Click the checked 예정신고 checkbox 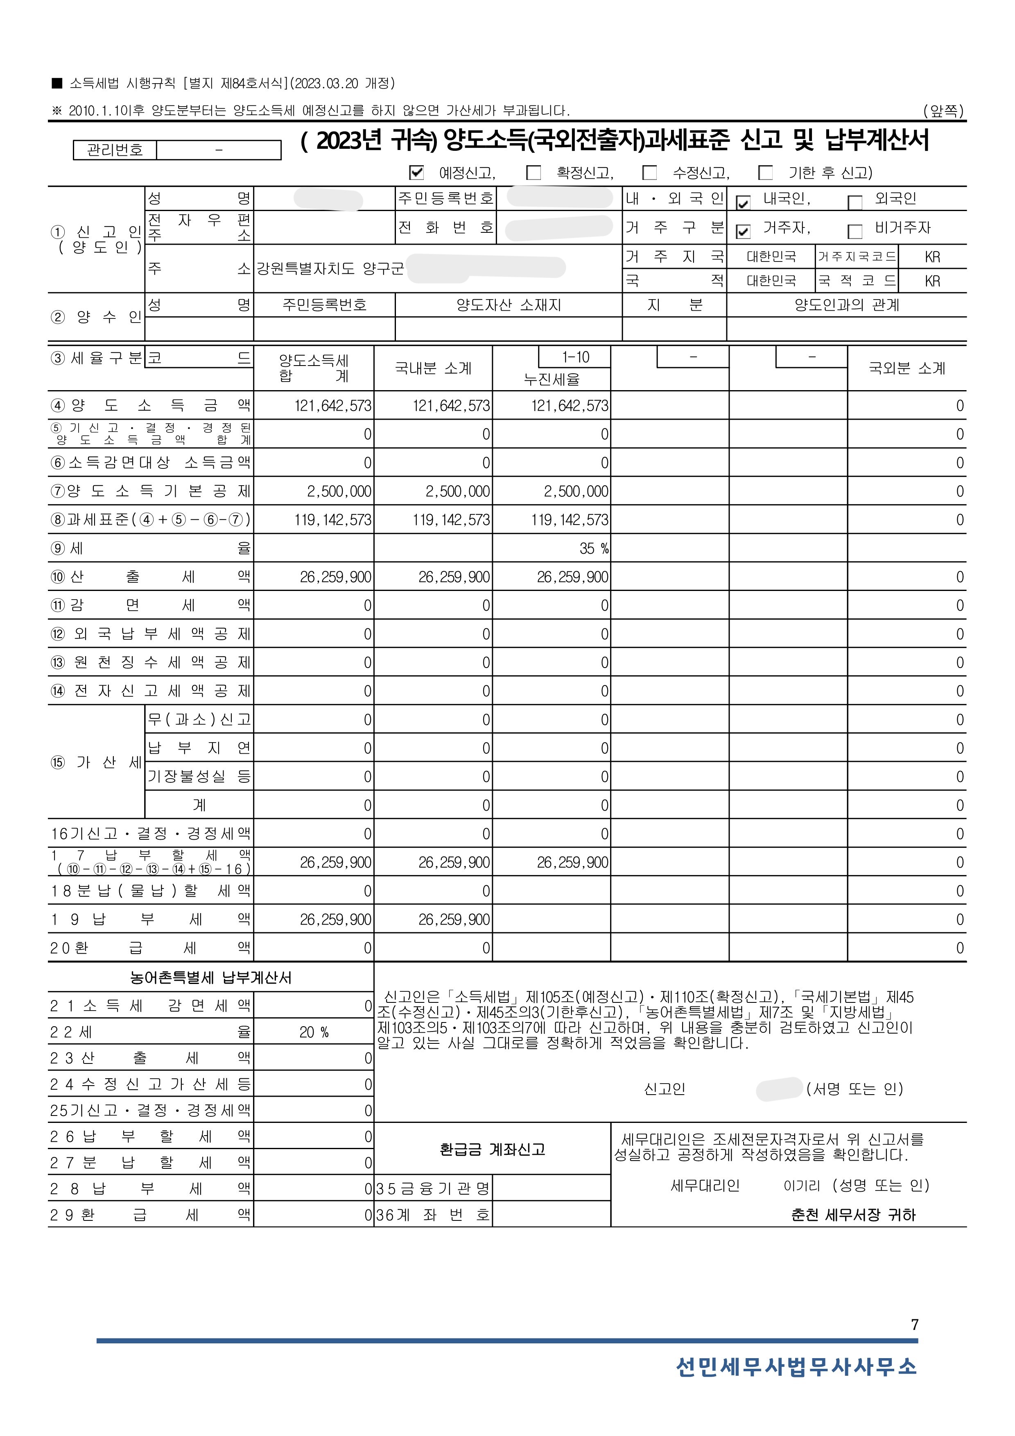pos(416,173)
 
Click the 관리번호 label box pos(115,150)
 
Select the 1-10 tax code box pos(575,357)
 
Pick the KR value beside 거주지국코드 pos(932,257)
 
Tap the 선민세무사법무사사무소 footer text pos(796,1367)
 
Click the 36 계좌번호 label pos(432,1215)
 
